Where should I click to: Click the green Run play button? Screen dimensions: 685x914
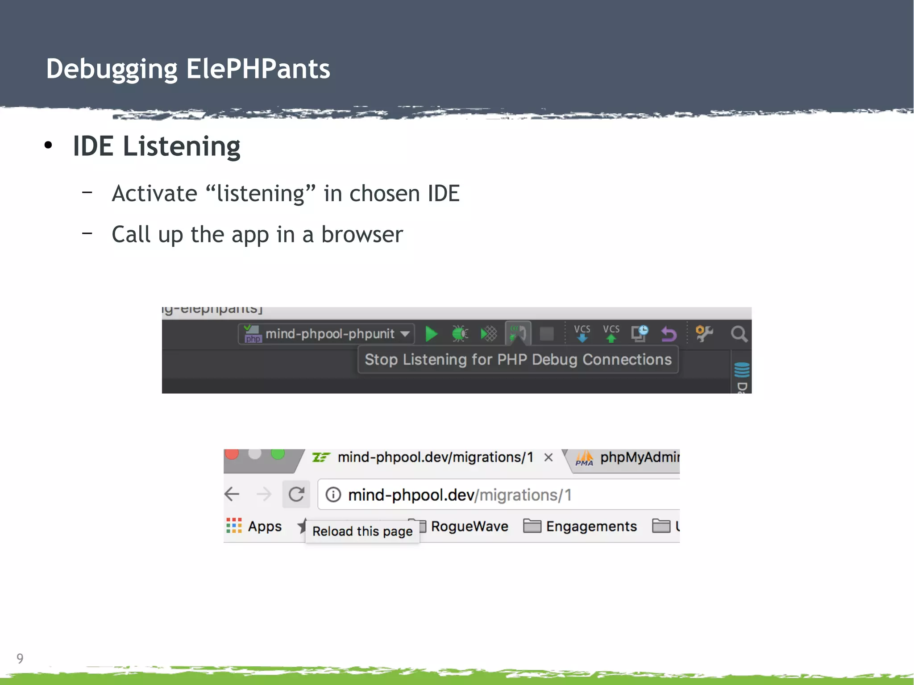coord(431,334)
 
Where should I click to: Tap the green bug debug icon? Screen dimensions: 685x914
coord(460,334)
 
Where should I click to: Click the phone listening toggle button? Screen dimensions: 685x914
coord(518,333)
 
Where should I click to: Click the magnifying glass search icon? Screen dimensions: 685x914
coord(739,334)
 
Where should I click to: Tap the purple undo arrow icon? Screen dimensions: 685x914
coord(669,334)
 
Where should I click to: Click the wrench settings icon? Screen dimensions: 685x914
coord(704,333)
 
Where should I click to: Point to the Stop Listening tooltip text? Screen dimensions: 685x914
coord(518,360)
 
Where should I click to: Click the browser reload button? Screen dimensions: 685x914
coord(296,494)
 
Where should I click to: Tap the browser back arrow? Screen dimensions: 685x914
coord(232,494)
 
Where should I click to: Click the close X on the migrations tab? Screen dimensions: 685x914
coord(548,457)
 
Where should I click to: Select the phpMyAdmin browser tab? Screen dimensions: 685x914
coord(629,458)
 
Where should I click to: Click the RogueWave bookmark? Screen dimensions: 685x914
coord(469,527)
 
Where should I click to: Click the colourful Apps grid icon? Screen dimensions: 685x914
coord(234,526)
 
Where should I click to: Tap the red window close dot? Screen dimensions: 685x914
coord(232,454)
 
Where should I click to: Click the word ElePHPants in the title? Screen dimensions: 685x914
coord(258,69)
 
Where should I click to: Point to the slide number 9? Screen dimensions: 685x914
coord(20,658)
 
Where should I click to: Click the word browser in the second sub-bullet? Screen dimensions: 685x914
coord(362,235)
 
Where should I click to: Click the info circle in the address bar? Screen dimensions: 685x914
coord(333,494)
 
